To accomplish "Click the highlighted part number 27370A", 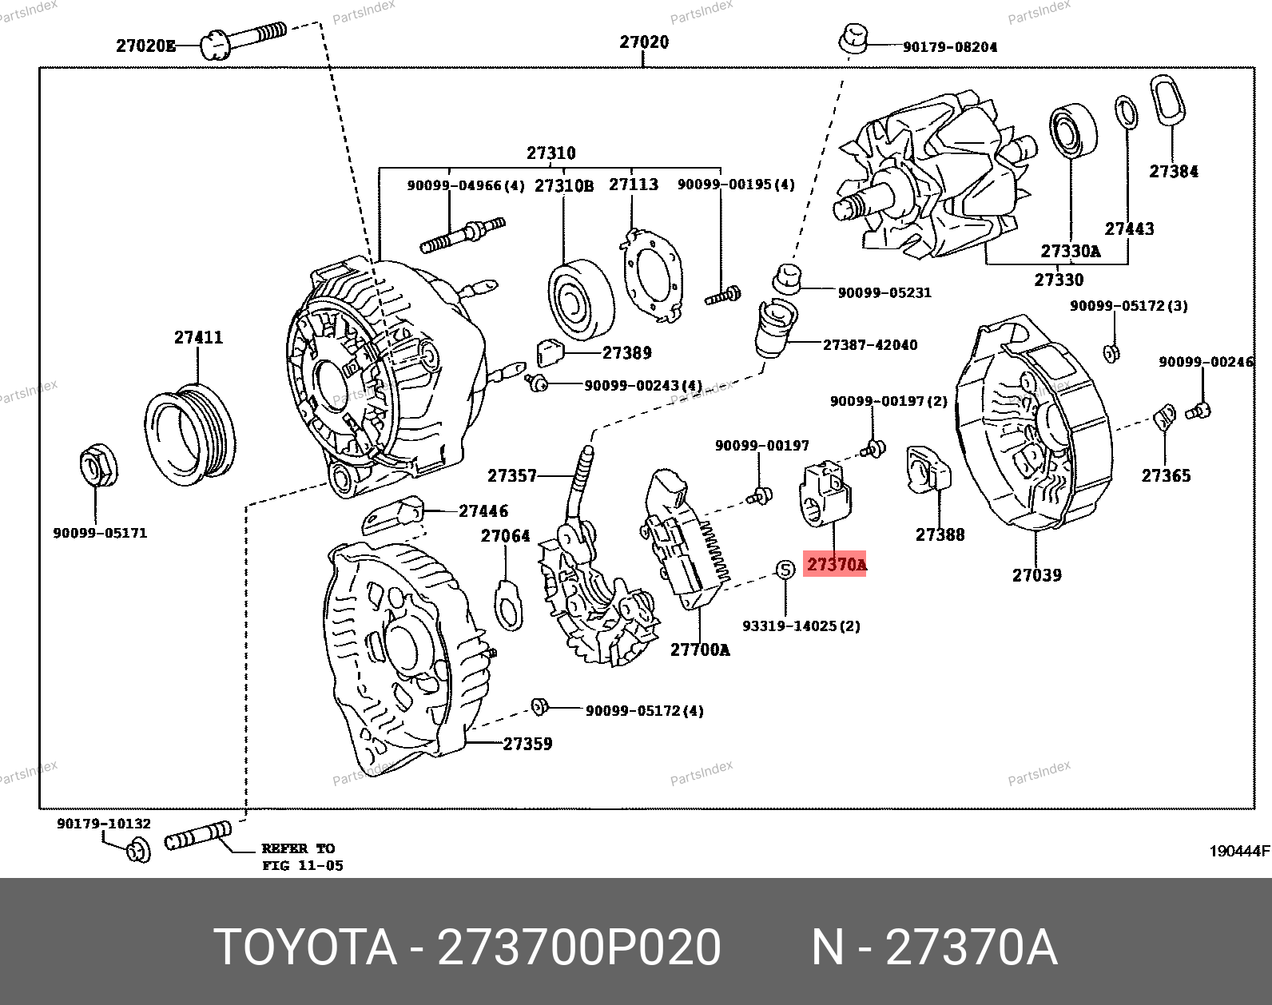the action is coord(836,565).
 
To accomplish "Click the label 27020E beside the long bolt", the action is coord(145,46).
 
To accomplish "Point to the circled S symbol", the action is coord(785,570).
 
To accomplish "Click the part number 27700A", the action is coord(700,649).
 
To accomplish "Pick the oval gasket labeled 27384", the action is coord(1167,100).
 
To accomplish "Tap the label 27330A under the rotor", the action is coord(1071,251).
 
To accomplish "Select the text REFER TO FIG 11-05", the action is coord(303,856).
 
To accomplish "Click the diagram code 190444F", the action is coord(1239,851).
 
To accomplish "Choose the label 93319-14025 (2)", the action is coord(801,626).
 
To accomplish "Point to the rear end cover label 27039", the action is coord(1037,574).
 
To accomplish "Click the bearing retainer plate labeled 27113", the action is coord(652,276).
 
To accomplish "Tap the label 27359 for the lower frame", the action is coord(527,743).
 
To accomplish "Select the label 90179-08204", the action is coord(950,46).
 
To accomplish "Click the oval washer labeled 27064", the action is coord(508,606).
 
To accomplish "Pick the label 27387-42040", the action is coord(870,344).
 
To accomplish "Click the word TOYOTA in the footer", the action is coord(304,947).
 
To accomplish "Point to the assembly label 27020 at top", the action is coord(644,42).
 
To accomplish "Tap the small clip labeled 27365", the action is coord(1165,417).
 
